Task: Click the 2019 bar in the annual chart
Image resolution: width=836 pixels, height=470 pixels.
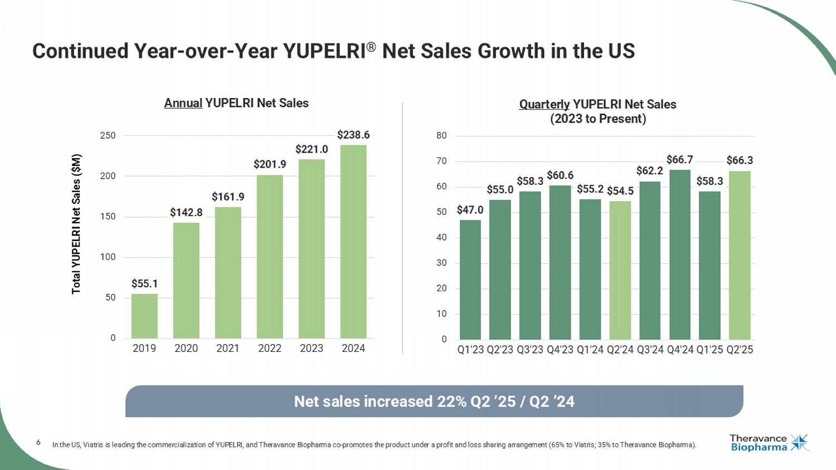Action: [x=144, y=316]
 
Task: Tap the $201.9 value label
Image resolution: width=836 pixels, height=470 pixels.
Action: [x=270, y=164]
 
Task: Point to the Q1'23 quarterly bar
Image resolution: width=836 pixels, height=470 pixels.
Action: [x=470, y=280]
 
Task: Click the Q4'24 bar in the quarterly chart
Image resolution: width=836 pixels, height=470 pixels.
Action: [x=680, y=254]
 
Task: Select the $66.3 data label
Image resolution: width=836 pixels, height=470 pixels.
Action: [x=740, y=160]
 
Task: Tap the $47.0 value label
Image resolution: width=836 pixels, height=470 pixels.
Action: [x=470, y=210]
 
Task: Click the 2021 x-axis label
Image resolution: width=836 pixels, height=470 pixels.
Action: [x=227, y=349]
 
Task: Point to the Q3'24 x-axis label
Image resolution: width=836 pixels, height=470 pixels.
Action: [x=650, y=350]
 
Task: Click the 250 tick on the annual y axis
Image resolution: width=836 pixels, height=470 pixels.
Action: [x=108, y=135]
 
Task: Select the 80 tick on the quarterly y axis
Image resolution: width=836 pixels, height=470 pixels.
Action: [x=441, y=135]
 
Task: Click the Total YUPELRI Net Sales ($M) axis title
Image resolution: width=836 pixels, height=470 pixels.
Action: [x=76, y=224]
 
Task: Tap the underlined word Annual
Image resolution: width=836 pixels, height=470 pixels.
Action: [x=183, y=103]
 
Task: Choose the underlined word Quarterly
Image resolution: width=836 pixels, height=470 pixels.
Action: [x=544, y=104]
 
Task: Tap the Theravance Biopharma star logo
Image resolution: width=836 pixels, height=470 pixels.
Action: [x=799, y=443]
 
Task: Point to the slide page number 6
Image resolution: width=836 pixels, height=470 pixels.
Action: [x=38, y=442]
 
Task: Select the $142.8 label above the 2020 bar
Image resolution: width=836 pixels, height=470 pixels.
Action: [x=186, y=212]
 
